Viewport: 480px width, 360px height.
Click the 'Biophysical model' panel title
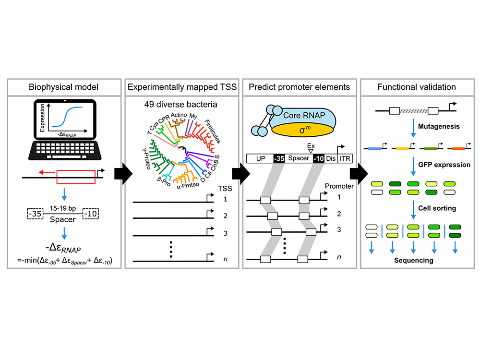pos(61,87)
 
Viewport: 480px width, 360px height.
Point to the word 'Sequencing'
pos(414,261)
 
